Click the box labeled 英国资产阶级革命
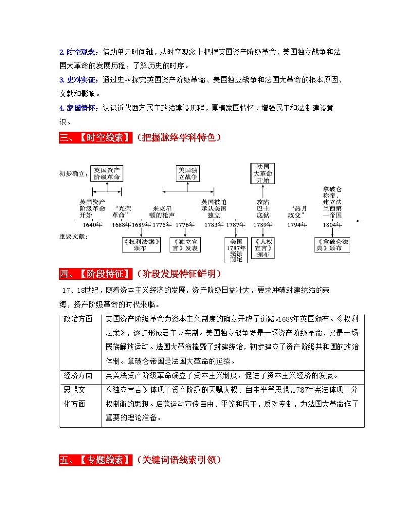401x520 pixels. click(107, 174)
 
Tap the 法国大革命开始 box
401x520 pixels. click(263, 173)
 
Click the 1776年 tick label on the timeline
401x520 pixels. click(185, 224)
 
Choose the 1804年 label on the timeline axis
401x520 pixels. click(332, 224)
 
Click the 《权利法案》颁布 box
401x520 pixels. click(141, 245)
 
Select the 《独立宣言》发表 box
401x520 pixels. click(185, 245)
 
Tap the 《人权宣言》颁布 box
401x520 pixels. click(263, 245)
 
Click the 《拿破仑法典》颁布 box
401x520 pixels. click(332, 245)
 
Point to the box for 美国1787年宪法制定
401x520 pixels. click(236, 249)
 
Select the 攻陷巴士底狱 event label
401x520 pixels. click(263, 208)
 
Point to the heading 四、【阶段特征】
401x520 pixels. click(95, 274)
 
